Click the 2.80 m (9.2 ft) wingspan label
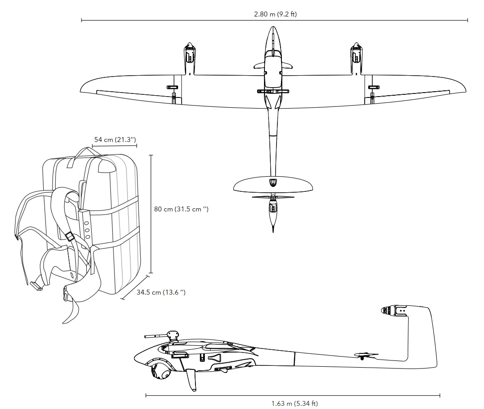coord(275,14)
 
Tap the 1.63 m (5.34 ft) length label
coord(295,404)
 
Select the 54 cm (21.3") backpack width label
coord(115,140)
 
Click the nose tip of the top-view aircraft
coord(273,28)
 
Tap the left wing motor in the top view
coord(190,53)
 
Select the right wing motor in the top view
coord(356,53)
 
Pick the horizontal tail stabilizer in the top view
coord(273,184)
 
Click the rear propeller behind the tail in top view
coord(273,197)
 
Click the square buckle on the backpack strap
coord(69,237)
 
